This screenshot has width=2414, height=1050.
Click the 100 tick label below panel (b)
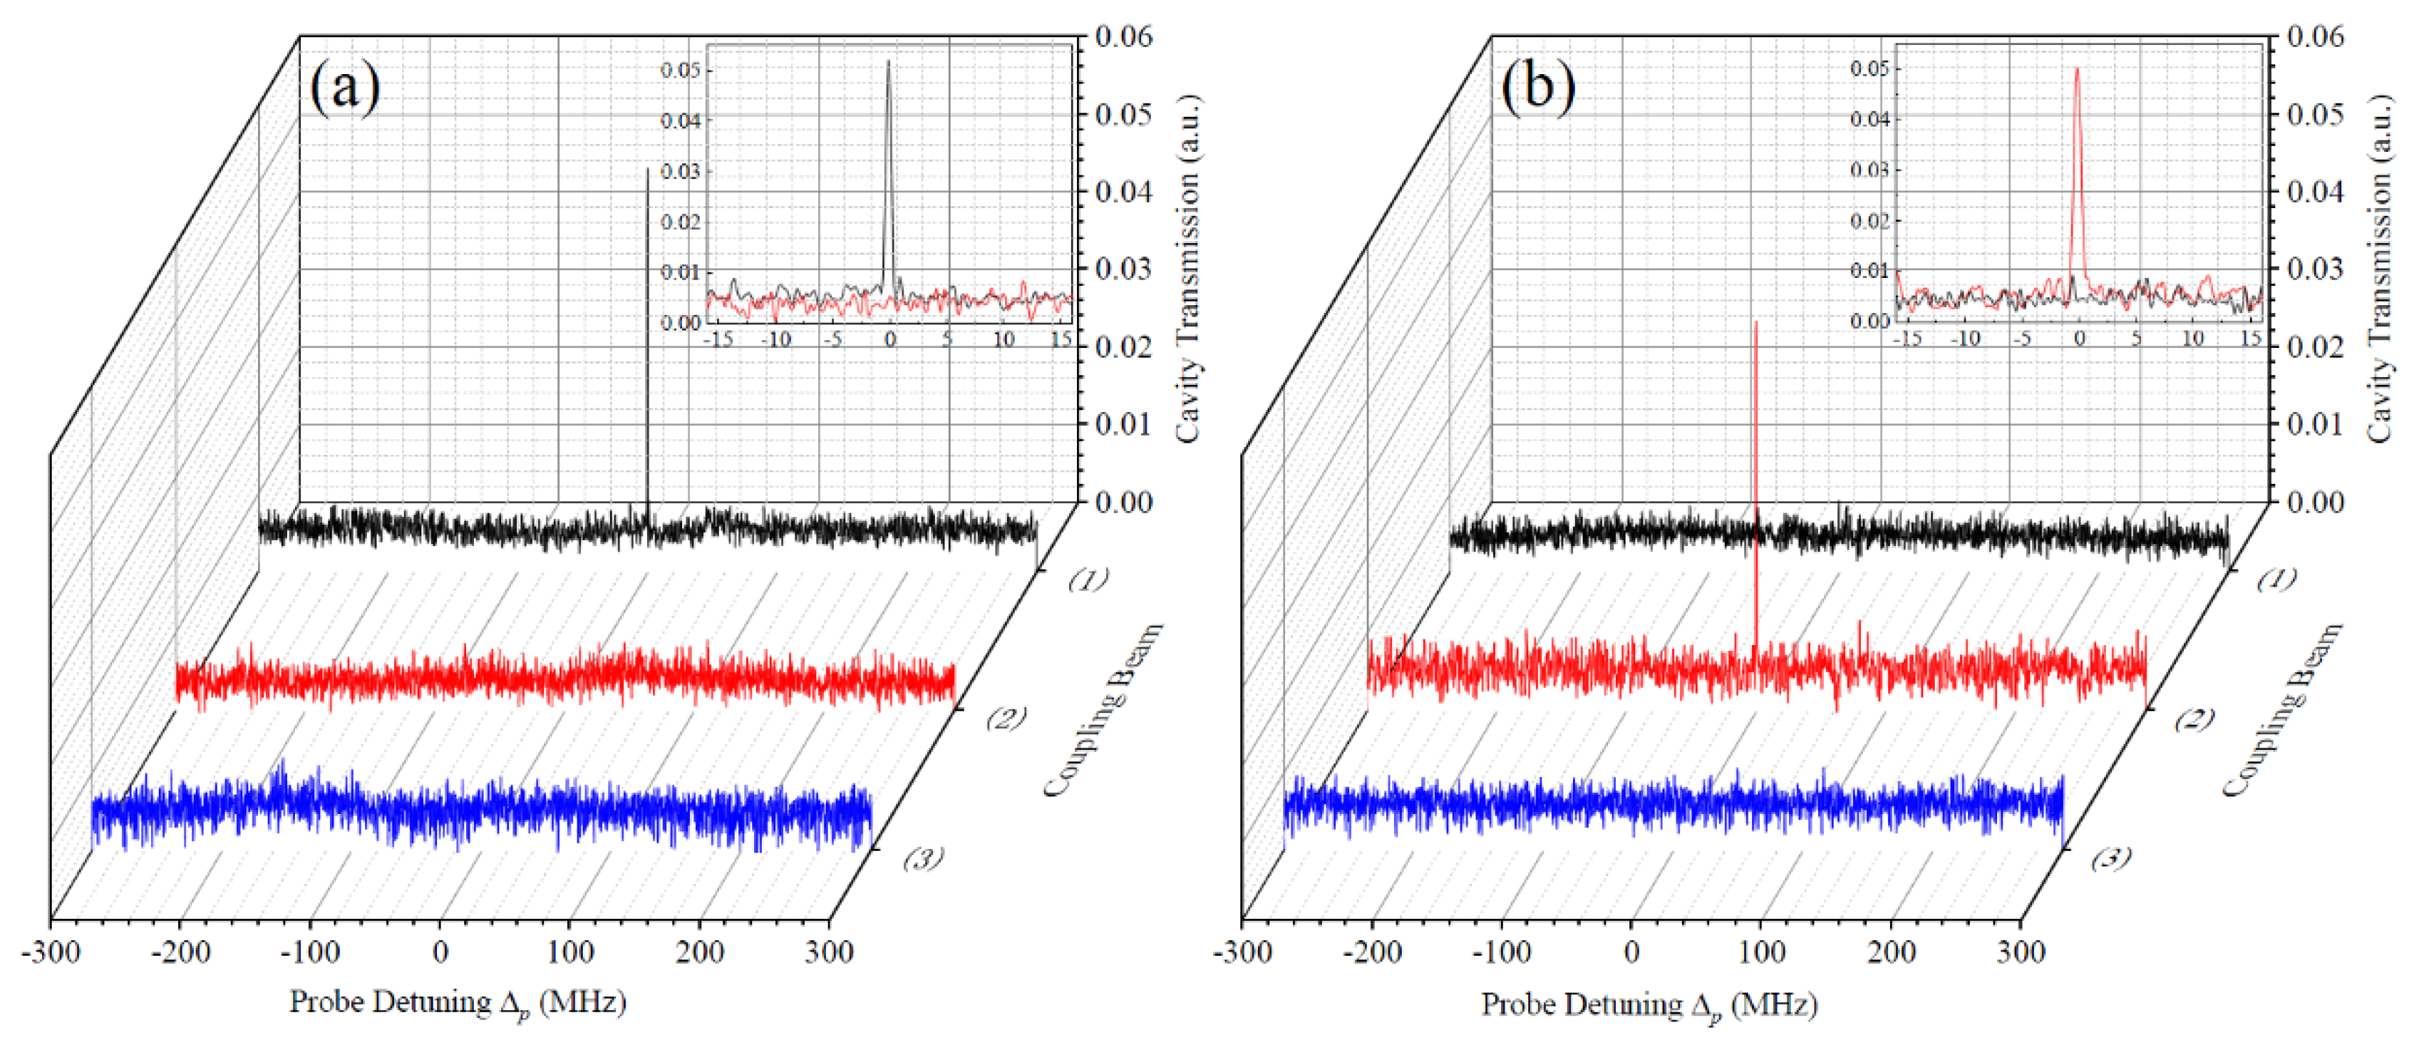[x=1761, y=952]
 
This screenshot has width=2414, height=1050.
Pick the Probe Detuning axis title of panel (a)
[x=458, y=1003]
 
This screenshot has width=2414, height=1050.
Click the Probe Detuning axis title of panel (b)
[x=1649, y=1005]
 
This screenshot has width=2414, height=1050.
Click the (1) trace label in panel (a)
[x=1088, y=580]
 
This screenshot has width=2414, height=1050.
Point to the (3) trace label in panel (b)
[x=2111, y=857]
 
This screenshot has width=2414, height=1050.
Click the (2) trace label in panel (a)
[x=1006, y=719]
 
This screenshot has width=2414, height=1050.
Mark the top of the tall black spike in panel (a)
[x=648, y=170]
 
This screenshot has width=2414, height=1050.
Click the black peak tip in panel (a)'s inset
[x=888, y=62]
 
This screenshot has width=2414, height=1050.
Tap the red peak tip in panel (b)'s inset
[x=2078, y=68]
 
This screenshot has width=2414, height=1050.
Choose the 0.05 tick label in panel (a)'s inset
[x=681, y=71]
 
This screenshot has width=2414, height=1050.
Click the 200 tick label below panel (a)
[x=700, y=952]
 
